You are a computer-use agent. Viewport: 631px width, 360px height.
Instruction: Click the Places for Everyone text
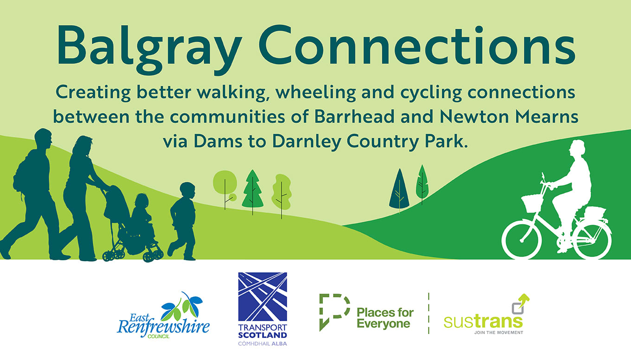coord(385,318)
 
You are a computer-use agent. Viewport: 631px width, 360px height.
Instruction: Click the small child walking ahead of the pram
coord(184,220)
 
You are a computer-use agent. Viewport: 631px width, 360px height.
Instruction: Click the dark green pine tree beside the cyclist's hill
coord(399,189)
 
